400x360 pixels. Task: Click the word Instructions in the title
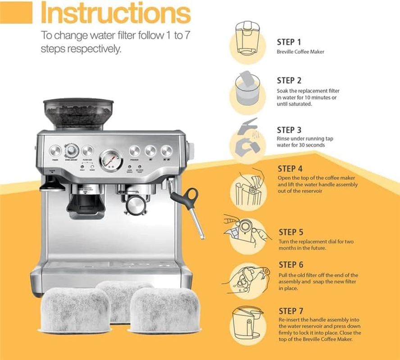pos(115,13)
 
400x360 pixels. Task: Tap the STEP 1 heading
pos(289,42)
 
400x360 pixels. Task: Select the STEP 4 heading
pos(290,169)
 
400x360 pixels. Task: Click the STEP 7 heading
pos(291,311)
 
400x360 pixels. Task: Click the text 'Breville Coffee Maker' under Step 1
pos(300,52)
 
